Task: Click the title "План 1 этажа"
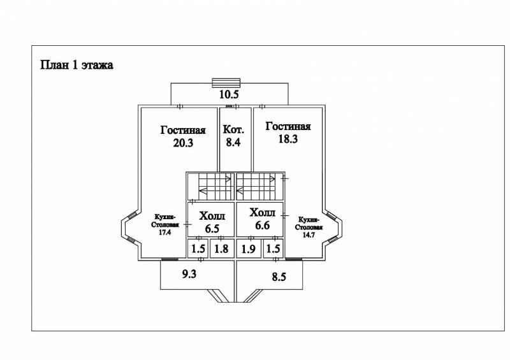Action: (x=76, y=65)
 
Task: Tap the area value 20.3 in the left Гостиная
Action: (x=183, y=143)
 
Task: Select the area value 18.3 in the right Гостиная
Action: (x=288, y=139)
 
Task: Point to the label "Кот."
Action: (x=233, y=129)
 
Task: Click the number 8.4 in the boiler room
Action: (x=233, y=142)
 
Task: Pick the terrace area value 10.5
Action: (x=229, y=94)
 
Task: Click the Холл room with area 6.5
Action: (x=211, y=220)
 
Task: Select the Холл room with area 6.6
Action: (x=259, y=220)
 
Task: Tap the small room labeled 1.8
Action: (x=221, y=248)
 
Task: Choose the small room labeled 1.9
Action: (x=249, y=248)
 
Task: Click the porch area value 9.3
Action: (x=189, y=274)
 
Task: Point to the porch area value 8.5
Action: (x=279, y=277)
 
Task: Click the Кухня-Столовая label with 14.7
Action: (x=309, y=227)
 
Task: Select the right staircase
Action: (x=259, y=187)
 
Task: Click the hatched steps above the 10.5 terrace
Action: (x=226, y=83)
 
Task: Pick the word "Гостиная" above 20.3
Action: (x=183, y=130)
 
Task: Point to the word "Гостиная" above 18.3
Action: (x=288, y=126)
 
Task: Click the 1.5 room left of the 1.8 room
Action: (x=198, y=248)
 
